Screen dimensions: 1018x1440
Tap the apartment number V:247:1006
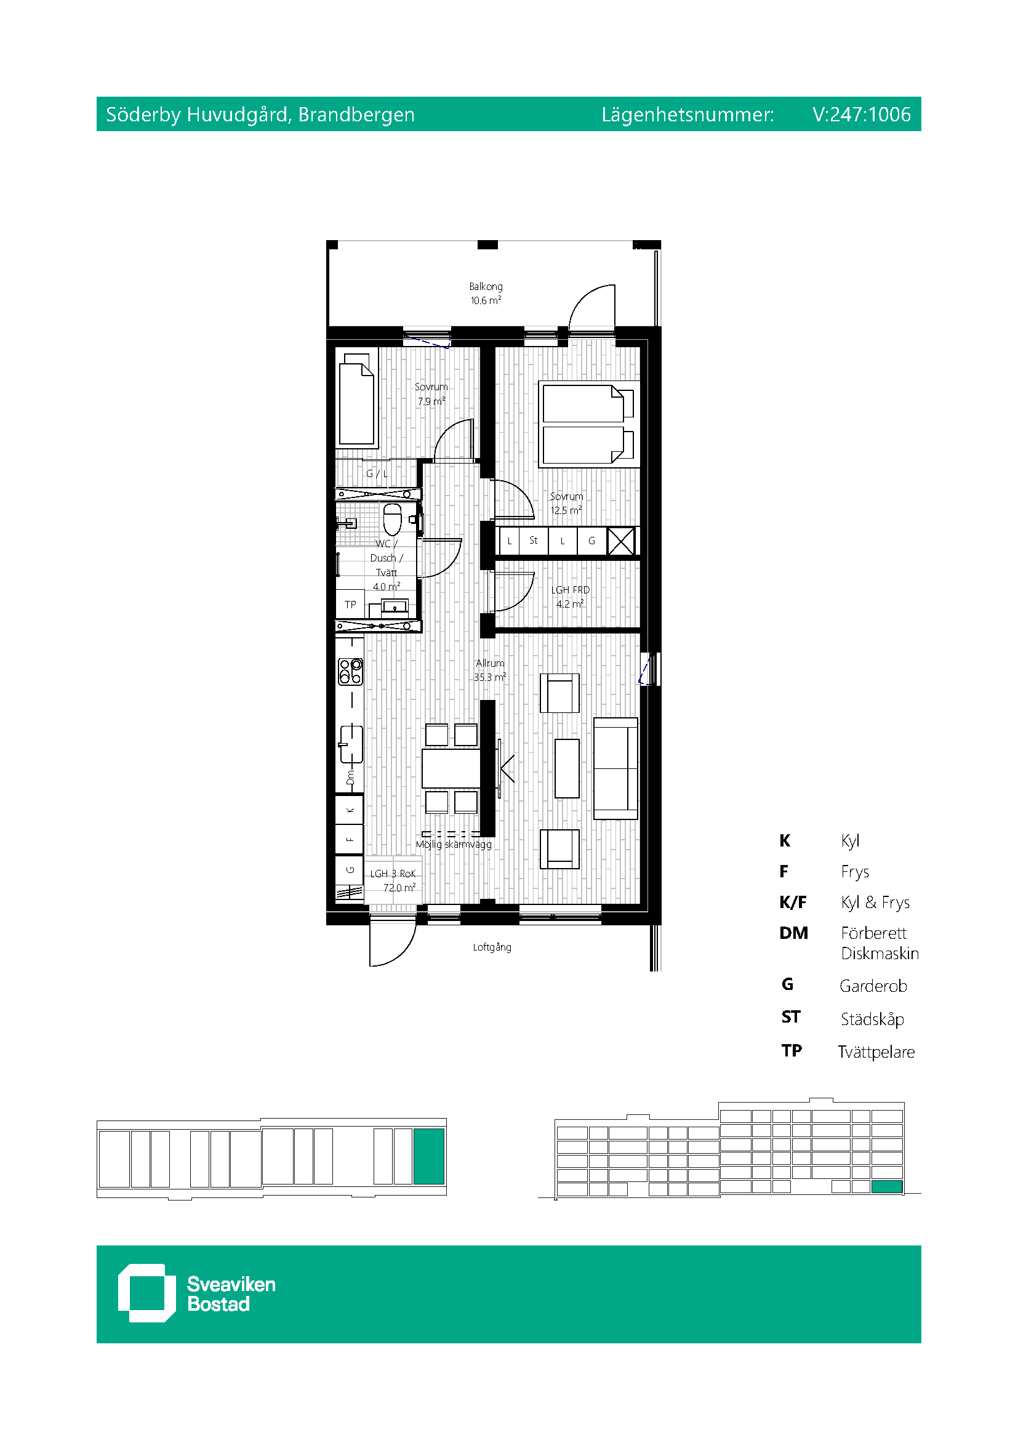[861, 114]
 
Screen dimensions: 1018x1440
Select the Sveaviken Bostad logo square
[146, 1293]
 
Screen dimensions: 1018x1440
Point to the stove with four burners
[350, 671]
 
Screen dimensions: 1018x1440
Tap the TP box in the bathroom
[350, 605]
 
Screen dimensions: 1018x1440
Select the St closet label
[534, 540]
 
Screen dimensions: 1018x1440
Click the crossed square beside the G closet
[621, 541]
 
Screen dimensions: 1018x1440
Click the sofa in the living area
[615, 768]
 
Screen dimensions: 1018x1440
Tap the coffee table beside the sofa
[567, 768]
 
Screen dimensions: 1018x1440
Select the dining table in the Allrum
[451, 768]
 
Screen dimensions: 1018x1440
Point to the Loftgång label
[492, 947]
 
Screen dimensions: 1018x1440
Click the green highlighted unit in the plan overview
[429, 1156]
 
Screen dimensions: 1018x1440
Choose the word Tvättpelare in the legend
[876, 1052]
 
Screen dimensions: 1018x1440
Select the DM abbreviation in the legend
[793, 933]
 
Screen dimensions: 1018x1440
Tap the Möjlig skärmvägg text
[454, 845]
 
